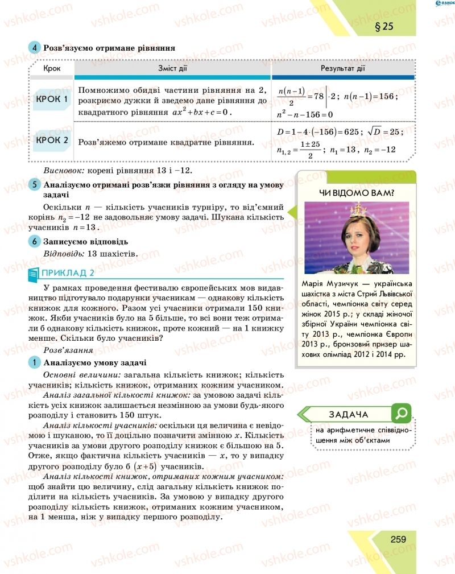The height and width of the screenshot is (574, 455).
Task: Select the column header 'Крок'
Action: tap(52, 69)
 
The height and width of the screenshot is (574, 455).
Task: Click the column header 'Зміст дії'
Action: tap(173, 69)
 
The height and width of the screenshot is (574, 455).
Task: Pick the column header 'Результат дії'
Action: tap(343, 69)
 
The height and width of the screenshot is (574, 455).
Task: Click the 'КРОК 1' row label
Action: tap(51, 100)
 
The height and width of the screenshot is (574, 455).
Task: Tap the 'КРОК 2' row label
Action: tap(51, 140)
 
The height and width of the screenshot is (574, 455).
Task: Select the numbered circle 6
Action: tap(34, 241)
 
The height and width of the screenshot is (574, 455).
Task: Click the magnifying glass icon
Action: tap(402, 413)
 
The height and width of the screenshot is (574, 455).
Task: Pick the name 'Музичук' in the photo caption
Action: tap(347, 284)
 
